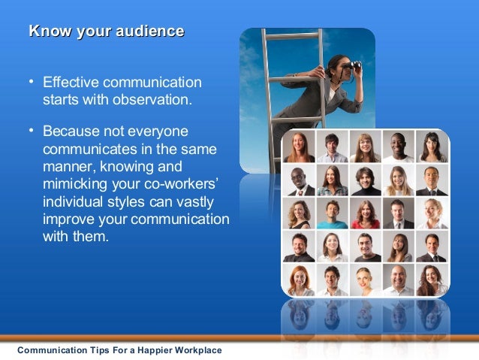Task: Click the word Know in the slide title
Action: (47, 31)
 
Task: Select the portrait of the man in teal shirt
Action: (332, 213)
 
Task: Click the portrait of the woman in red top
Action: (365, 213)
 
